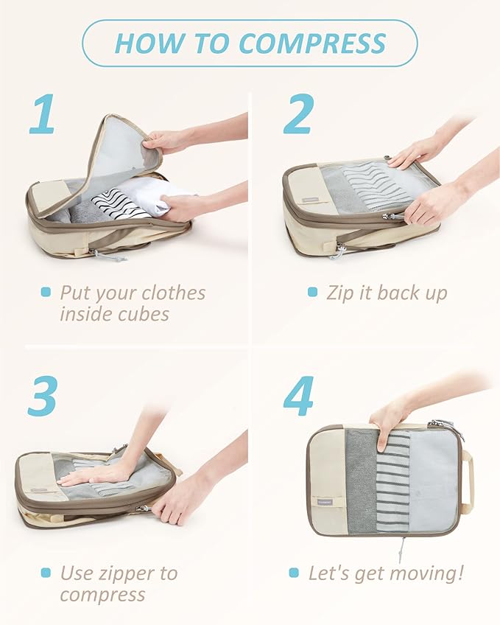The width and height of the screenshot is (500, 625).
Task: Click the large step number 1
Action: pos(43,114)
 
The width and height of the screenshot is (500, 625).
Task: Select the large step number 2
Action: pos(297,114)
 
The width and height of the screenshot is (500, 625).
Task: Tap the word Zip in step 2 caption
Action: pos(339,293)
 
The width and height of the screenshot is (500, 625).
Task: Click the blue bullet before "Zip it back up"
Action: pos(313,293)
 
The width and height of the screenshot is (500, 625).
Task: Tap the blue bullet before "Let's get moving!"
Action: pos(294,573)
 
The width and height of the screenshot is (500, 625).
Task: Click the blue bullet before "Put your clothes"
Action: pos(46,293)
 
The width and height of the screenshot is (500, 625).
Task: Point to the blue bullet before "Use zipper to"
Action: pos(46,573)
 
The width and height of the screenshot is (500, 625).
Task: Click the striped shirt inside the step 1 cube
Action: pos(118,203)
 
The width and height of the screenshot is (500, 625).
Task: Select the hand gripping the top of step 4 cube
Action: pos(387,424)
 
